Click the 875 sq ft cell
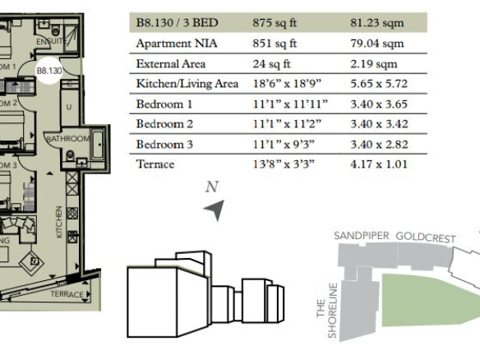pos(275,23)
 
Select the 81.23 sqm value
pos(376,23)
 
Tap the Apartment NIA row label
pos(177,44)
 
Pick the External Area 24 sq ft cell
pos(271,63)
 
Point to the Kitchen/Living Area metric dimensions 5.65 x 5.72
pos(379,84)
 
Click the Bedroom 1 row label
pos(164,104)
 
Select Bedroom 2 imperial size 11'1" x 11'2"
pos(287,124)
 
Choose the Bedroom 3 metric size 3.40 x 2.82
pos(379,144)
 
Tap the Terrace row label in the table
pos(155,164)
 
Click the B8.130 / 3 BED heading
pos(177,23)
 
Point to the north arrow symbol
pos(215,209)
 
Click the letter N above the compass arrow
pos(212,187)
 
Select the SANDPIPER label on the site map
pos(361,235)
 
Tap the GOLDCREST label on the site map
pos(426,238)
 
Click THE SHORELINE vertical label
pos(327,311)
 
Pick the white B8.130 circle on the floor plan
pos(49,71)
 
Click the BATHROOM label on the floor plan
pos(68,139)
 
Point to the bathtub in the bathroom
pos(98,145)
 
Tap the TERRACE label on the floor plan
pos(67,294)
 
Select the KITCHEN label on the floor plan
pos(59,222)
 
